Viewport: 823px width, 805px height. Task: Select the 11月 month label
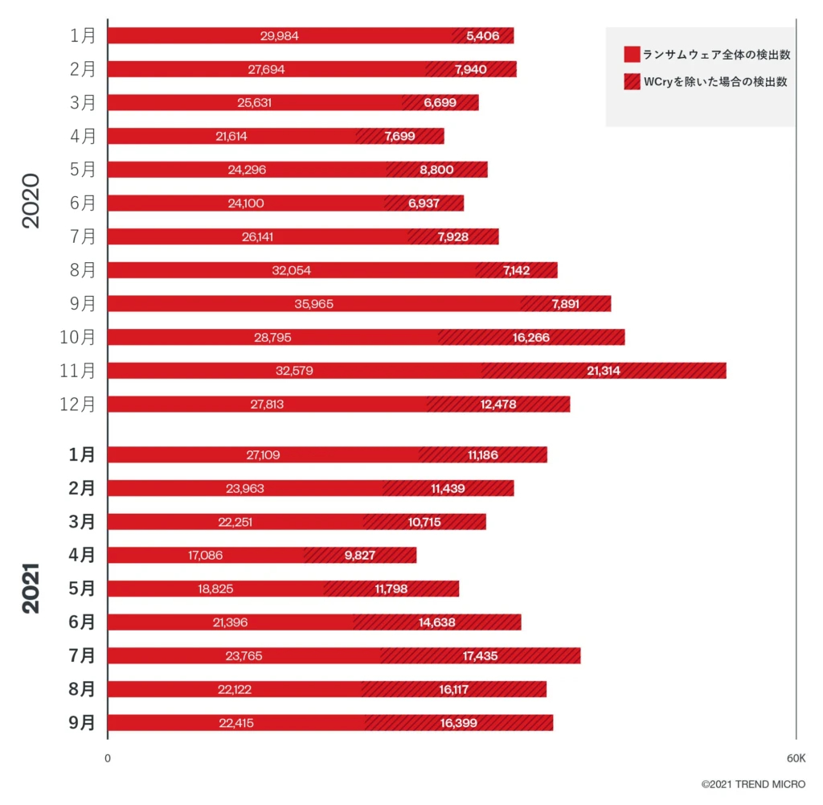click(x=77, y=371)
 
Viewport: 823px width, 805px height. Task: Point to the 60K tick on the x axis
click(x=796, y=758)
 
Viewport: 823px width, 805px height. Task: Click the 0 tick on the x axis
click(x=108, y=758)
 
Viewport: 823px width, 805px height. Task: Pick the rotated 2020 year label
click(x=31, y=201)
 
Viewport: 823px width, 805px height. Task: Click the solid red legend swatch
click(x=632, y=55)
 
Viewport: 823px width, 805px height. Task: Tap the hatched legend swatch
click(x=632, y=81)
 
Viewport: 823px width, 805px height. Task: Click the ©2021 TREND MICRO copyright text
click(x=753, y=784)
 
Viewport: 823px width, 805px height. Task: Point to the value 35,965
click(x=313, y=304)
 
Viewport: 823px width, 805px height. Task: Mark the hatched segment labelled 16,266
click(x=531, y=337)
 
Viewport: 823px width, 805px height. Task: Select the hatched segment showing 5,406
click(x=482, y=35)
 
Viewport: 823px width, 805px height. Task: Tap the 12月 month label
click(x=77, y=405)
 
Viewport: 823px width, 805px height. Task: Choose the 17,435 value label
click(x=480, y=656)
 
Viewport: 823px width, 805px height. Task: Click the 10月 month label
click(x=77, y=337)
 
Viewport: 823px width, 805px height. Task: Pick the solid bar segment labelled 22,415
click(x=236, y=723)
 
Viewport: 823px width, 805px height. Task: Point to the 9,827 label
click(x=360, y=555)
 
